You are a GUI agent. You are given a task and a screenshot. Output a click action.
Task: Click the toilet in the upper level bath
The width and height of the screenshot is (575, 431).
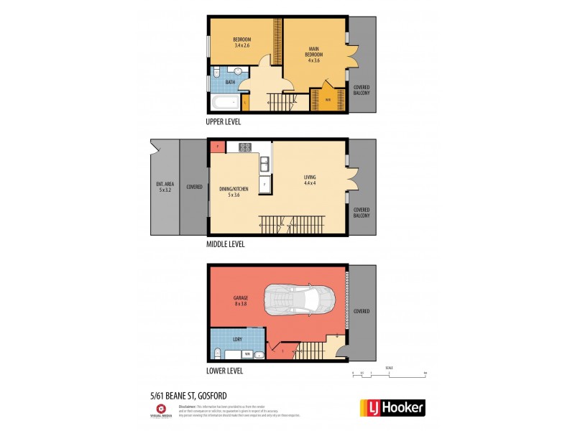[216, 72]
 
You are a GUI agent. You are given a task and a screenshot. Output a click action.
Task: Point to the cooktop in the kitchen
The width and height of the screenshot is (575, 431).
[244, 147]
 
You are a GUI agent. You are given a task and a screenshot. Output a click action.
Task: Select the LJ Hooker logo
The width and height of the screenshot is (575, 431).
[392, 407]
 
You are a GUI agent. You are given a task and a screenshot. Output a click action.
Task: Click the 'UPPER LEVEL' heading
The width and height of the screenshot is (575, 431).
[224, 122]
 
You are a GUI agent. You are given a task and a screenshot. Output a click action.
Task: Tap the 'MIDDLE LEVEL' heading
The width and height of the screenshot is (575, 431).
[226, 244]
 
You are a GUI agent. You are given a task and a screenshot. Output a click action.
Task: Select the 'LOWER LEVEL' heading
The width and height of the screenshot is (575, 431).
[224, 371]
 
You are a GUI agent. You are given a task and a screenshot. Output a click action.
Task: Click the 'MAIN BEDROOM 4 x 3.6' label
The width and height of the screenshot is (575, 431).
[313, 55]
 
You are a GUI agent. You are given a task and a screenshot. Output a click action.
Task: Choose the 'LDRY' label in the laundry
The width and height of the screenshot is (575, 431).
[237, 339]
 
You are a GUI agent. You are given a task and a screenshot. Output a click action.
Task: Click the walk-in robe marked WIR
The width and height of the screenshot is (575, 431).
[327, 100]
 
